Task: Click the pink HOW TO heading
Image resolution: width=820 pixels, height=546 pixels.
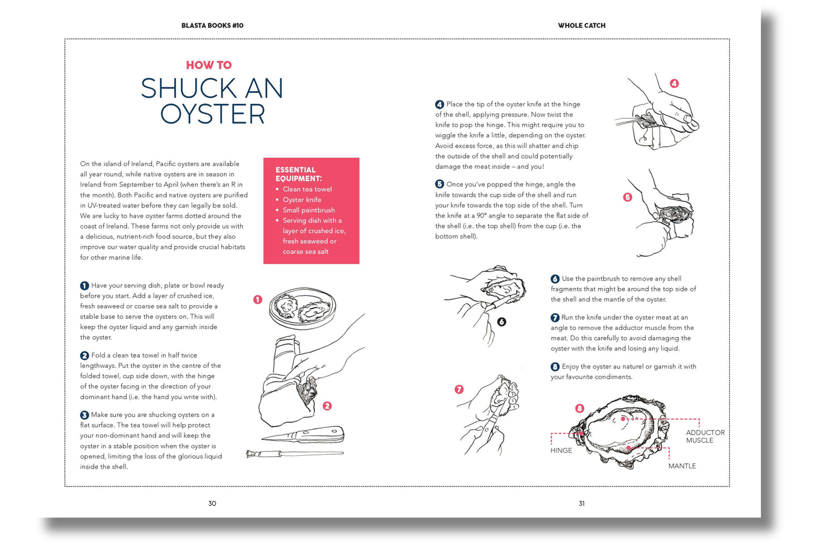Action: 209,65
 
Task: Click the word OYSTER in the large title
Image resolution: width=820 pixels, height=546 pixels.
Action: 213,114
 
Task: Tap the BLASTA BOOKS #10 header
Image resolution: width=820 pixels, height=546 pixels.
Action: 212,26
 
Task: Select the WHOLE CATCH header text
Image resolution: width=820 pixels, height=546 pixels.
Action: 581,26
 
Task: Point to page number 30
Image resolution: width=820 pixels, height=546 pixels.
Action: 212,503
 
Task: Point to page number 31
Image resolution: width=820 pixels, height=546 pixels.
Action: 581,503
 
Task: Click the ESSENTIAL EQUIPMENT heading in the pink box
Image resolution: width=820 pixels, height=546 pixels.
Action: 298,174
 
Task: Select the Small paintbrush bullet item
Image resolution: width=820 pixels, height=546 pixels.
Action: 309,210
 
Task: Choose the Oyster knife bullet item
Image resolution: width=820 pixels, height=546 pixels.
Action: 302,200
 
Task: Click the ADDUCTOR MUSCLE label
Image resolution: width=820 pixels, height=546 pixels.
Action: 705,436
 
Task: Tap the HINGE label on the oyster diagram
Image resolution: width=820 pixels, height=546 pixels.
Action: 561,451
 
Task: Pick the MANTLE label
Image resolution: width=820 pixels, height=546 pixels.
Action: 682,466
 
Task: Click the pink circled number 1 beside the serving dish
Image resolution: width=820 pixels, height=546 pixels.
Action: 258,299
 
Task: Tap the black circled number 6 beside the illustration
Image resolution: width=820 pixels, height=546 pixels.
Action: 501,322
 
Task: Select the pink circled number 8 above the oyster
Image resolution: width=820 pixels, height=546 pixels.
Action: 579,408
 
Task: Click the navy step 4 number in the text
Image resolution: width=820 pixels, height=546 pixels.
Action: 439,104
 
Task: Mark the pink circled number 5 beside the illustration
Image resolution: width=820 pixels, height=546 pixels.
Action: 627,197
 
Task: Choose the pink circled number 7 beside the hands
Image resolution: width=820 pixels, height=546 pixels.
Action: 459,390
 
